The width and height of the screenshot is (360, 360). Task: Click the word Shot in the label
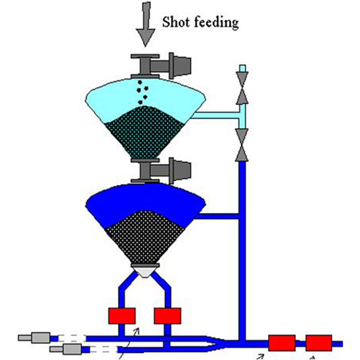point(175,22)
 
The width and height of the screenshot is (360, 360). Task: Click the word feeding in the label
point(216,23)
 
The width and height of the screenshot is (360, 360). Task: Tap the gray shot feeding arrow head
point(145,37)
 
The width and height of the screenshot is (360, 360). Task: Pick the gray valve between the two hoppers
point(161,171)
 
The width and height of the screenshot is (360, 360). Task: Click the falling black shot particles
point(142,92)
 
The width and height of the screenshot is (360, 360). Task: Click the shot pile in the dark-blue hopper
point(144,237)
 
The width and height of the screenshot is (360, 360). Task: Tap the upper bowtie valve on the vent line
point(242,88)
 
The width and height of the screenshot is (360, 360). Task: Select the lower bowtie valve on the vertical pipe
point(242,144)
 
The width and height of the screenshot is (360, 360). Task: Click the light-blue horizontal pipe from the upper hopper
point(216,116)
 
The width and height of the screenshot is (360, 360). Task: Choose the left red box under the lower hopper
point(121,316)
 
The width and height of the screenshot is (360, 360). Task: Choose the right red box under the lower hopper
point(167,316)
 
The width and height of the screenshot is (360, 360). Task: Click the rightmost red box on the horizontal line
point(319,343)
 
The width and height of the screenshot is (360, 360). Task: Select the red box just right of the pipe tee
point(282,343)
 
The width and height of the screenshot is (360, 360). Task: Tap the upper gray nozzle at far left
point(34,338)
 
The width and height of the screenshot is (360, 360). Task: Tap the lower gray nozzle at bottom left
point(66,349)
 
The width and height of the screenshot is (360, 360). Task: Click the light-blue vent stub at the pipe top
point(243,68)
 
